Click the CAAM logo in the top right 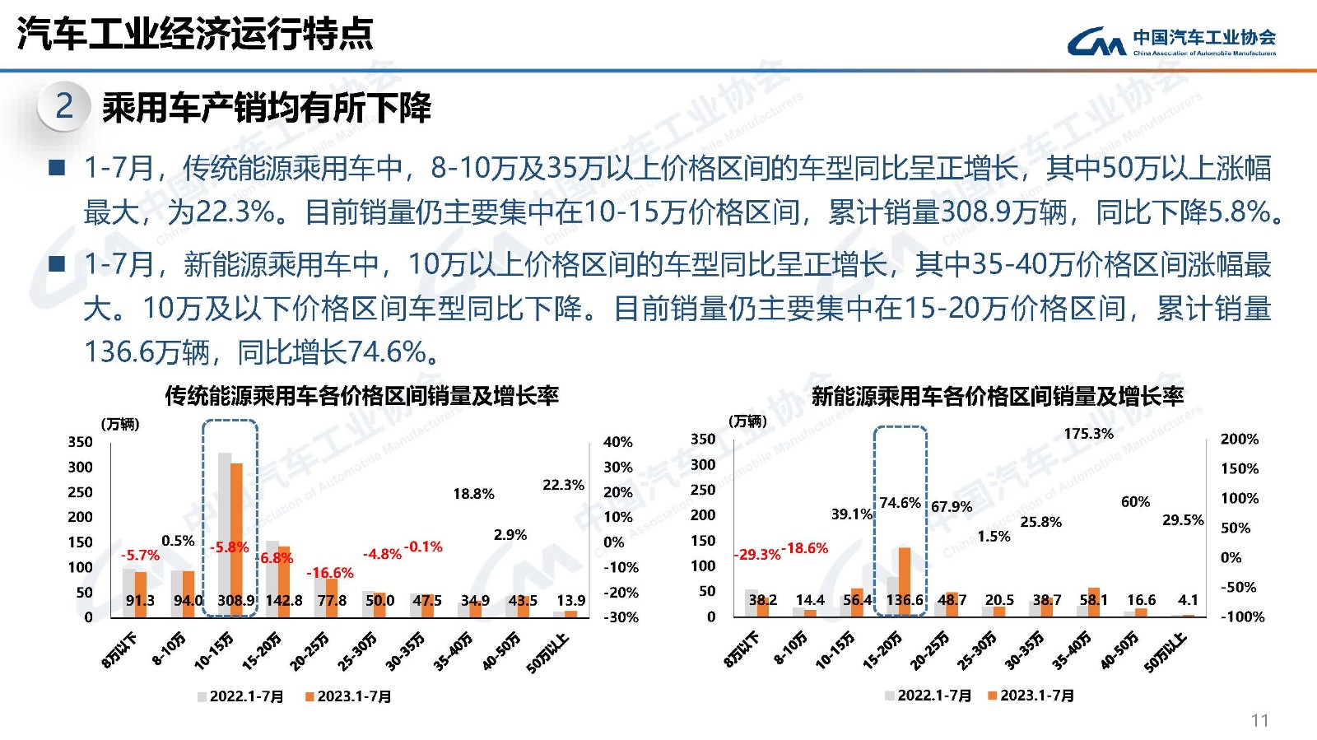pyautogui.click(x=1170, y=41)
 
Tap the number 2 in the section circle pyautogui.click(x=64, y=106)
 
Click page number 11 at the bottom pyautogui.click(x=1259, y=720)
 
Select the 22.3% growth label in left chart pyautogui.click(x=563, y=485)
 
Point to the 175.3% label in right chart pyautogui.click(x=1088, y=433)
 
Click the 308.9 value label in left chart pyautogui.click(x=235, y=600)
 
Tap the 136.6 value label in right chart pyautogui.click(x=905, y=600)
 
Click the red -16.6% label pyautogui.click(x=330, y=572)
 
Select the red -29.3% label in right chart pyautogui.click(x=756, y=554)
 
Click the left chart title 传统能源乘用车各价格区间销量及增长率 pyautogui.click(x=361, y=396)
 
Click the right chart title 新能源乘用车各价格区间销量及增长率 pyautogui.click(x=997, y=396)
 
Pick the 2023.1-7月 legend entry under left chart pyautogui.click(x=348, y=696)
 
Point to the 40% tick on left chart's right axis pyautogui.click(x=617, y=442)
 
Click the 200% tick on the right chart pyautogui.click(x=1239, y=439)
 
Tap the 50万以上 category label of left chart pyautogui.click(x=548, y=653)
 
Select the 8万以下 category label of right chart pyautogui.click(x=742, y=650)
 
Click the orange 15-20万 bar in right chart pyautogui.click(x=905, y=576)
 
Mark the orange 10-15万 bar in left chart pyautogui.click(x=236, y=535)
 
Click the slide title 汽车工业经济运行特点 pyautogui.click(x=195, y=34)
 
